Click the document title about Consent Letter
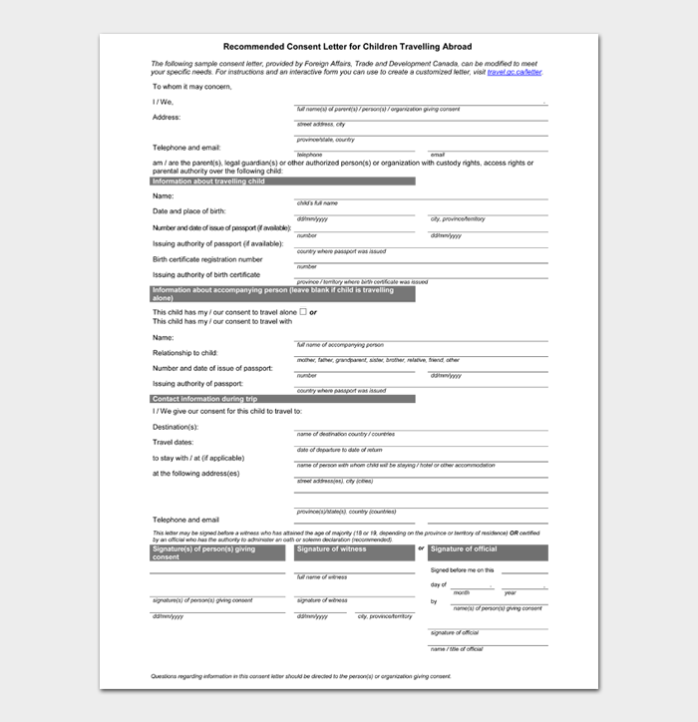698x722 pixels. coord(348,46)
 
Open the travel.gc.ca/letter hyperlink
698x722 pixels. coord(515,73)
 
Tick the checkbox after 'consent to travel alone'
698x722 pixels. coord(303,312)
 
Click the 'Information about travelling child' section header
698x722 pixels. coord(282,181)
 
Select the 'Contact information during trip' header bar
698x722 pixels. coord(282,399)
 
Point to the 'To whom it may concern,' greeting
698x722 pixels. coord(191,87)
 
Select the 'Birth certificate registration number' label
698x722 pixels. coord(207,259)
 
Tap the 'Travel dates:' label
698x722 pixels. coord(173,442)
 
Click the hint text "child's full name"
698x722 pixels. coord(317,202)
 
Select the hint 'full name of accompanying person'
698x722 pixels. coord(339,345)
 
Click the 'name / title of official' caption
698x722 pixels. coord(456,649)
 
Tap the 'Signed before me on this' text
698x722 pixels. coord(462,569)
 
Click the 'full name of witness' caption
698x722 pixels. coord(321,577)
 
